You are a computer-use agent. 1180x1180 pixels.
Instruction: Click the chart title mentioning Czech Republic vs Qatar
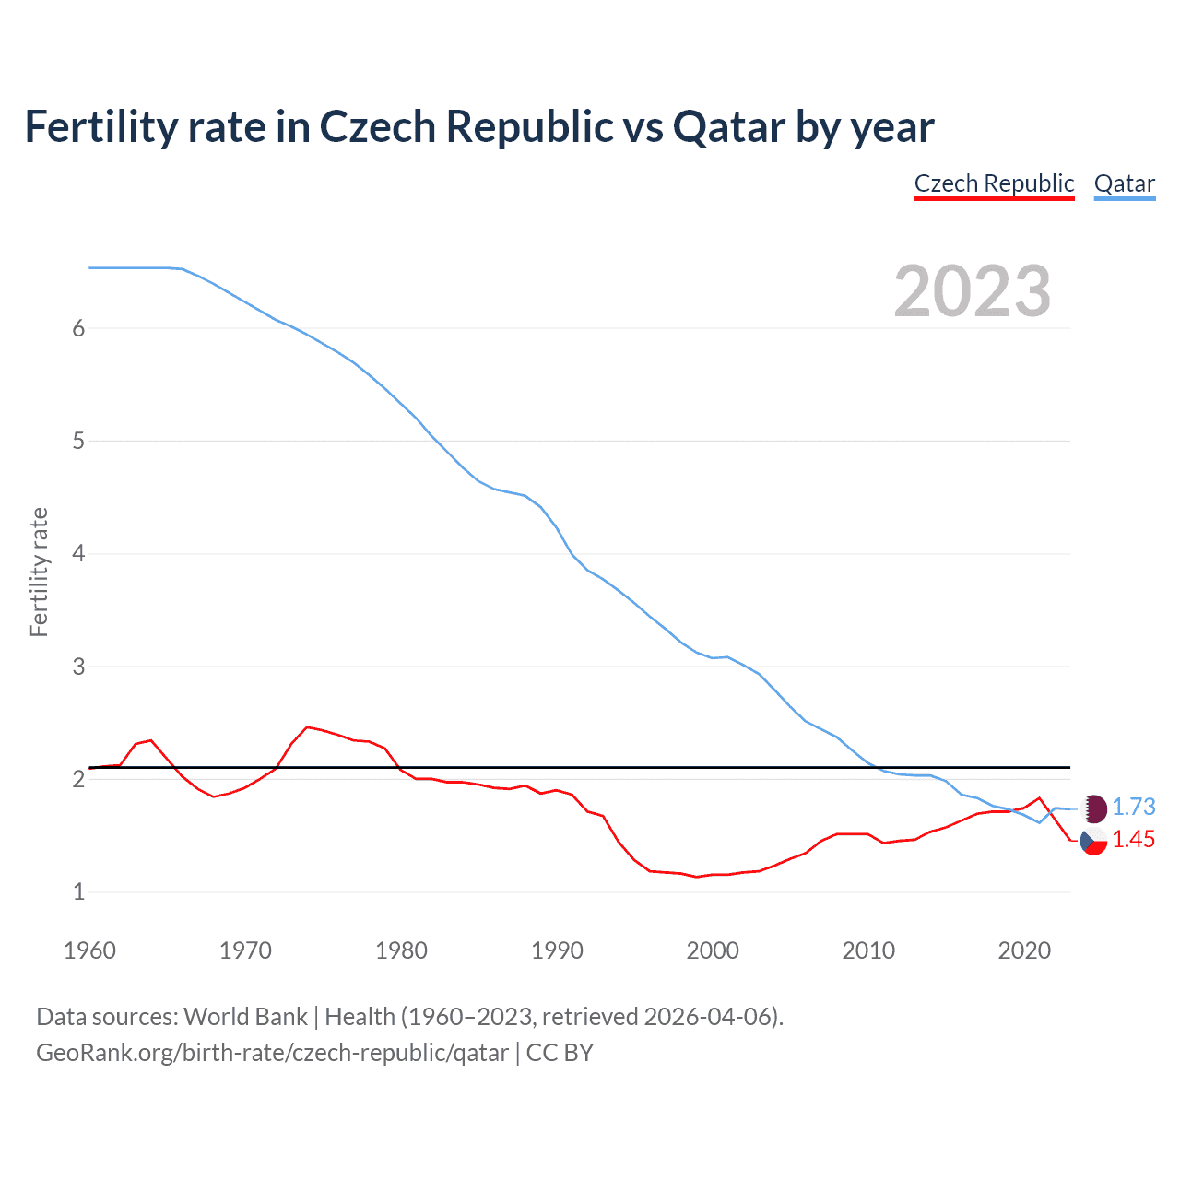tap(479, 126)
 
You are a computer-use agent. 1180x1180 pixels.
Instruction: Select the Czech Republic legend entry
tap(994, 183)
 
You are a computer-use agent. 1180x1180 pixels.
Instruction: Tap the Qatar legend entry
tap(1124, 183)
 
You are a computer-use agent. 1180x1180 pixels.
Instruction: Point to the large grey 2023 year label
tap(973, 291)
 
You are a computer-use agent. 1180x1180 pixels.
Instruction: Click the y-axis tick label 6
tap(78, 328)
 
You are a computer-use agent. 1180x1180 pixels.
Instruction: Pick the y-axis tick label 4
tap(78, 554)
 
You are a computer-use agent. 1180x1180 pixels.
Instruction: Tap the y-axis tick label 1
tap(78, 892)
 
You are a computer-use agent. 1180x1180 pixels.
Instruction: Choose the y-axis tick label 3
tap(78, 667)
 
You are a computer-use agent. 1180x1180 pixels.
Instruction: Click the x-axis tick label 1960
tap(89, 950)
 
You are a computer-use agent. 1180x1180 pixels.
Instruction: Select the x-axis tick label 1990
tap(557, 950)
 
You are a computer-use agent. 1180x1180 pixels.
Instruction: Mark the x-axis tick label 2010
tap(868, 950)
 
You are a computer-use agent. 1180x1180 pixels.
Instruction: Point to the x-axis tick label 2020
tap(1024, 950)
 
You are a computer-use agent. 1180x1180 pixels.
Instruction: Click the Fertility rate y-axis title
tap(39, 572)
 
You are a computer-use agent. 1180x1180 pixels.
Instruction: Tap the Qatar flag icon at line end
tap(1093, 808)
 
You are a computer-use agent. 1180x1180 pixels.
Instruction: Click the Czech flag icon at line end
tap(1093, 841)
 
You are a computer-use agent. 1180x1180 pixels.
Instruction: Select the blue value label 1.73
tap(1133, 807)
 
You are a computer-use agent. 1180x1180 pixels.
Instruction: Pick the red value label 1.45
tap(1133, 839)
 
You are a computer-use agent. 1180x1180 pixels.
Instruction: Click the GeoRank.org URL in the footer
tap(272, 1053)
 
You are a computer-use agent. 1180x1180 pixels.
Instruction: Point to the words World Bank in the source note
tap(245, 1017)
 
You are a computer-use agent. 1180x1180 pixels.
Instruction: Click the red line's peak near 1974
tap(308, 726)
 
